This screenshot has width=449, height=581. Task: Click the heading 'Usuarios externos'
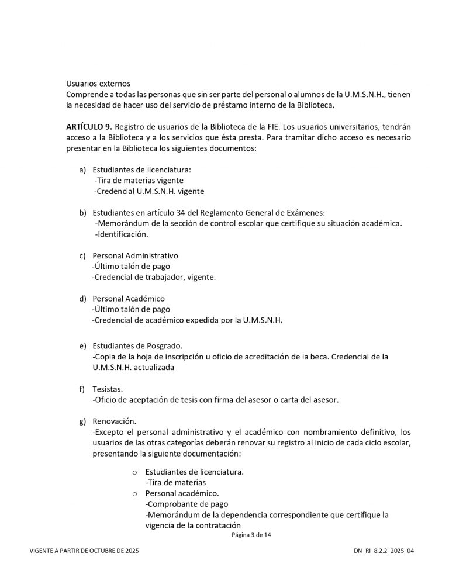(98, 84)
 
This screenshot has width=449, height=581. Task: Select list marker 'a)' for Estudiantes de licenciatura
(82, 170)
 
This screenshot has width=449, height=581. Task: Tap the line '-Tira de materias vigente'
(139, 180)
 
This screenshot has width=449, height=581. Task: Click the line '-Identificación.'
(122, 234)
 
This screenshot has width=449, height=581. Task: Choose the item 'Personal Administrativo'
(135, 255)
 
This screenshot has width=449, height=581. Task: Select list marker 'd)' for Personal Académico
(82, 299)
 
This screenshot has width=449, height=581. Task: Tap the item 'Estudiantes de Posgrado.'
(137, 345)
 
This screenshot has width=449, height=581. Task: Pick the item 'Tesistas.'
(108, 389)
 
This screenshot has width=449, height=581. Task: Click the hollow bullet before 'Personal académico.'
(134, 493)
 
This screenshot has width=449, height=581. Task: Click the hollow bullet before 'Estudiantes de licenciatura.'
(134, 472)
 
